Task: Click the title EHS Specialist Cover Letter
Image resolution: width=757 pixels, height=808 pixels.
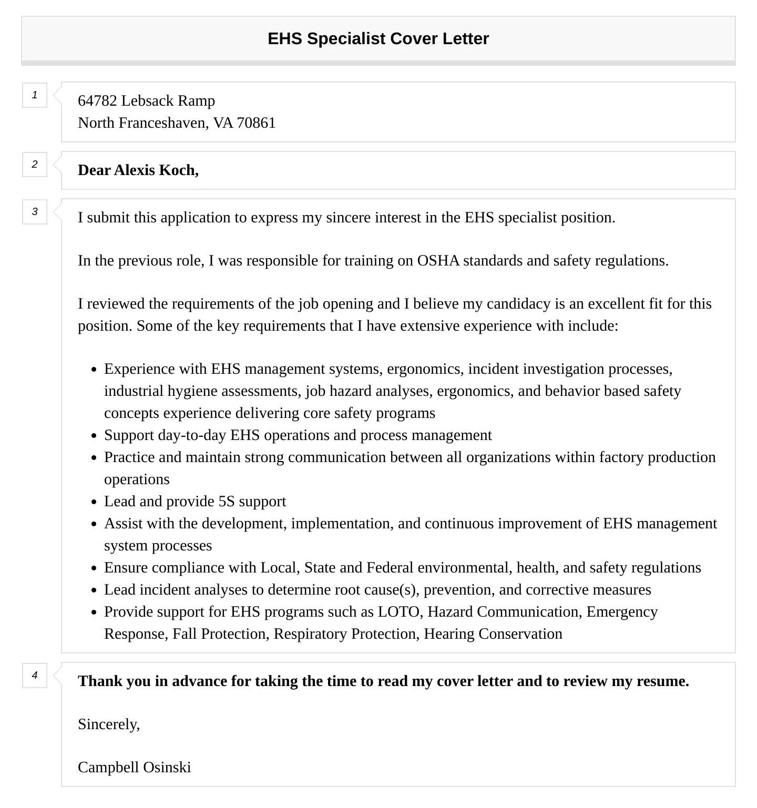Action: [x=378, y=38]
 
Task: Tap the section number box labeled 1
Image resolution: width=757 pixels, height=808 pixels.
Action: [x=35, y=95]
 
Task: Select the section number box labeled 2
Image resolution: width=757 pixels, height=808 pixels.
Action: [x=35, y=165]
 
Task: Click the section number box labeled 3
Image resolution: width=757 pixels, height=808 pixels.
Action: [x=35, y=212]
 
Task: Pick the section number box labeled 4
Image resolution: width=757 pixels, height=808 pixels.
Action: [x=35, y=676]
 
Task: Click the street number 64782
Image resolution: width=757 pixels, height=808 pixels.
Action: [x=97, y=100]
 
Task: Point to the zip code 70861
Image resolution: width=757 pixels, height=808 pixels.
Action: [x=256, y=122]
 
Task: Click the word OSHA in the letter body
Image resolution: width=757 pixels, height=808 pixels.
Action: [x=438, y=260]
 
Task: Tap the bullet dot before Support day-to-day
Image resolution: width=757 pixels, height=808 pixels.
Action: [x=94, y=436]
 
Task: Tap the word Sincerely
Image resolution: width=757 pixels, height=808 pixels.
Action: [x=108, y=724]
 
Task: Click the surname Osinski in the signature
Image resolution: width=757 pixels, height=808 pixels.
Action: [x=167, y=767]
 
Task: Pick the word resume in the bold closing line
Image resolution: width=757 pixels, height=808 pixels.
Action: [x=661, y=681]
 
